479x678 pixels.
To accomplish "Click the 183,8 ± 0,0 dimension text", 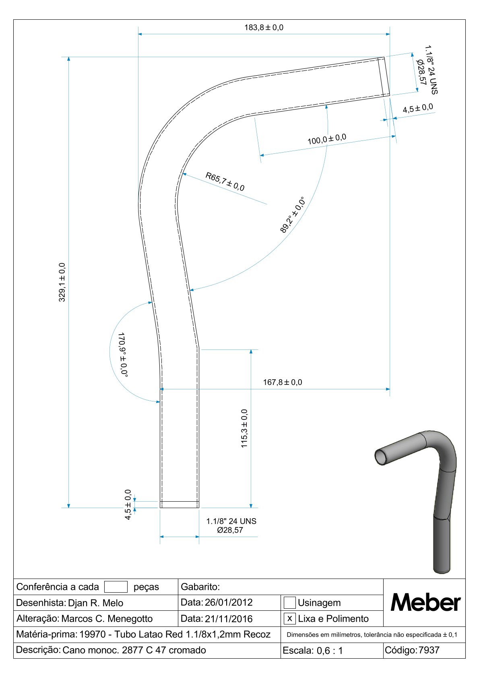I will pyautogui.click(x=264, y=27).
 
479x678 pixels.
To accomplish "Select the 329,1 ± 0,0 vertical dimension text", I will pyautogui.click(x=62, y=282).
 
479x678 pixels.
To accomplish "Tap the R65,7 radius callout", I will pyautogui.click(x=225, y=182).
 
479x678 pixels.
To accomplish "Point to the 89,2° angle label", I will pyautogui.click(x=292, y=215).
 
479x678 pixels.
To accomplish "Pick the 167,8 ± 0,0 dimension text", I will pyautogui.click(x=282, y=382).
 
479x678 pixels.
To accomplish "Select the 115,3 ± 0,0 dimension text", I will pyautogui.click(x=244, y=428).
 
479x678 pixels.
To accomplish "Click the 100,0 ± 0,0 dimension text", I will pyautogui.click(x=326, y=139).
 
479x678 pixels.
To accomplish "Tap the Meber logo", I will pyautogui.click(x=425, y=603).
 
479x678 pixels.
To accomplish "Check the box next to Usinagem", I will pyautogui.click(x=289, y=603).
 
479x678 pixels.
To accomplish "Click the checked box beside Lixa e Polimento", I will pyautogui.click(x=289, y=618).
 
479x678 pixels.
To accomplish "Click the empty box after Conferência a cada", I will pyautogui.click(x=116, y=587).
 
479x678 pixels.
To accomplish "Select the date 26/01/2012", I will pyautogui.click(x=229, y=602).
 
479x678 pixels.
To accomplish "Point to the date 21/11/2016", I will pyautogui.click(x=229, y=618).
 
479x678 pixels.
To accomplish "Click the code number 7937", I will pyautogui.click(x=429, y=650).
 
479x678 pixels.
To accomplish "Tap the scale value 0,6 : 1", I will pyautogui.click(x=330, y=651).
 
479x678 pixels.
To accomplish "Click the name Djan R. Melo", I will pyautogui.click(x=95, y=603).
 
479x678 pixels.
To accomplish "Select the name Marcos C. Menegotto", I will pyautogui.click(x=107, y=618).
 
